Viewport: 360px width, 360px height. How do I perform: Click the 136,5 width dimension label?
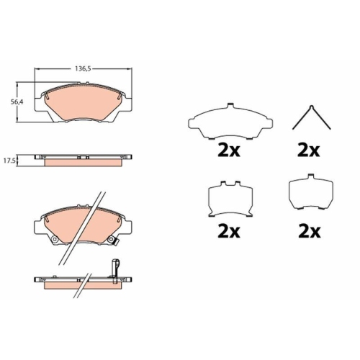click(83, 69)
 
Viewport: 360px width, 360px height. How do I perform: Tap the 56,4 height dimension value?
click(17, 102)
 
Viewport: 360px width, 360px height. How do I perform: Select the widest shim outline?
click(230, 121)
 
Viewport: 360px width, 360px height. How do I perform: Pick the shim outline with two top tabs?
click(230, 199)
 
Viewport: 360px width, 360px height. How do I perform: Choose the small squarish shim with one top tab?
click(311, 192)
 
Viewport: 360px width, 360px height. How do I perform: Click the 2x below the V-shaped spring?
click(309, 150)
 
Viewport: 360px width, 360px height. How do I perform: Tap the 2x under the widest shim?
click(229, 150)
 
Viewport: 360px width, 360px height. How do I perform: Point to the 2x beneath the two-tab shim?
click(229, 232)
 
